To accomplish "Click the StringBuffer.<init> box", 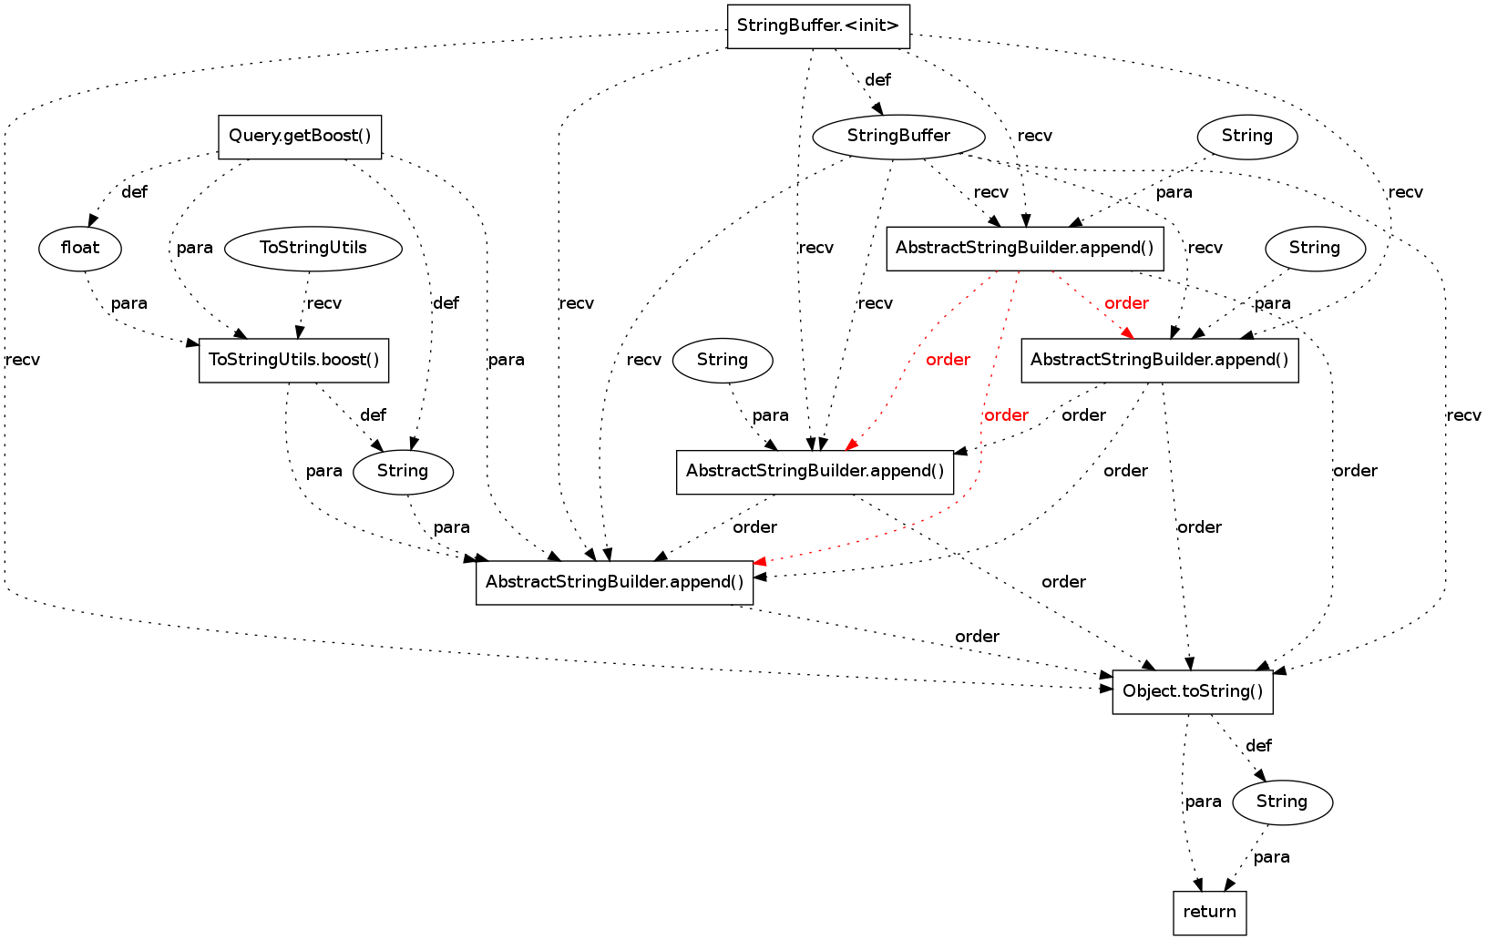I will [818, 26].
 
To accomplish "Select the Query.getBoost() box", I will [300, 137].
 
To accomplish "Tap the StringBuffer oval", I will [898, 137].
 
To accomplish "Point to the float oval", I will [80, 248].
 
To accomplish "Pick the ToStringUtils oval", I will [313, 248].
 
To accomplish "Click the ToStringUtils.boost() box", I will [294, 360].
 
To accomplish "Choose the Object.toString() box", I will [1193, 691].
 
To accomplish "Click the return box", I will [1209, 913].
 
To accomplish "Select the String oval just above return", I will [1282, 802].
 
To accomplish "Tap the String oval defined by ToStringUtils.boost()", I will [403, 471].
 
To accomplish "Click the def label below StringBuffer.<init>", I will [877, 80].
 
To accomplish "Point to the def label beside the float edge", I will [134, 192].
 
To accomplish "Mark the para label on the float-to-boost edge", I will [128, 303].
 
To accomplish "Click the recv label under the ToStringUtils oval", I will [324, 303].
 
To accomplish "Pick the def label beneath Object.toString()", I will [1258, 746].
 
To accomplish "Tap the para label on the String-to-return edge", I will [1271, 857].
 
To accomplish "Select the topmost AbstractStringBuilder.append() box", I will [1025, 248].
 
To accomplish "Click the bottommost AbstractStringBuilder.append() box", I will [614, 582].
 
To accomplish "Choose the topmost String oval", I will [1246, 137].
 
